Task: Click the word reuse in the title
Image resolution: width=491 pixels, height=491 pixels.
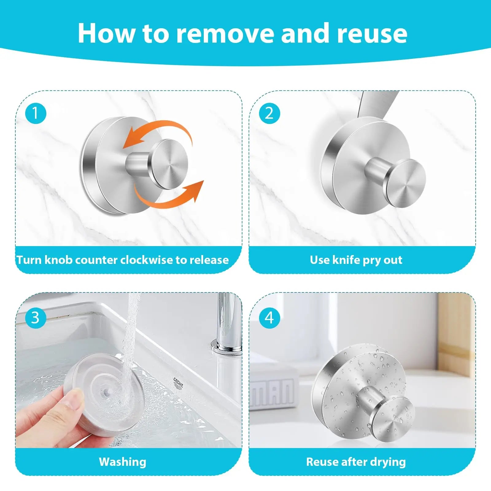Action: pyautogui.click(x=372, y=33)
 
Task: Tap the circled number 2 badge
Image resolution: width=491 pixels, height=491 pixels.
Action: pyautogui.click(x=269, y=113)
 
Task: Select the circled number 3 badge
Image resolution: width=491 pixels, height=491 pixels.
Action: pyautogui.click(x=36, y=317)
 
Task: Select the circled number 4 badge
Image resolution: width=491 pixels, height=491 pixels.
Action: pyautogui.click(x=269, y=318)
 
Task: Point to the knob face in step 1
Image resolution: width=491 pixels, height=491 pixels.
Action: pyautogui.click(x=169, y=164)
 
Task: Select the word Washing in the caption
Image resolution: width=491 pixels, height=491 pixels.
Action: pyautogui.click(x=122, y=462)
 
